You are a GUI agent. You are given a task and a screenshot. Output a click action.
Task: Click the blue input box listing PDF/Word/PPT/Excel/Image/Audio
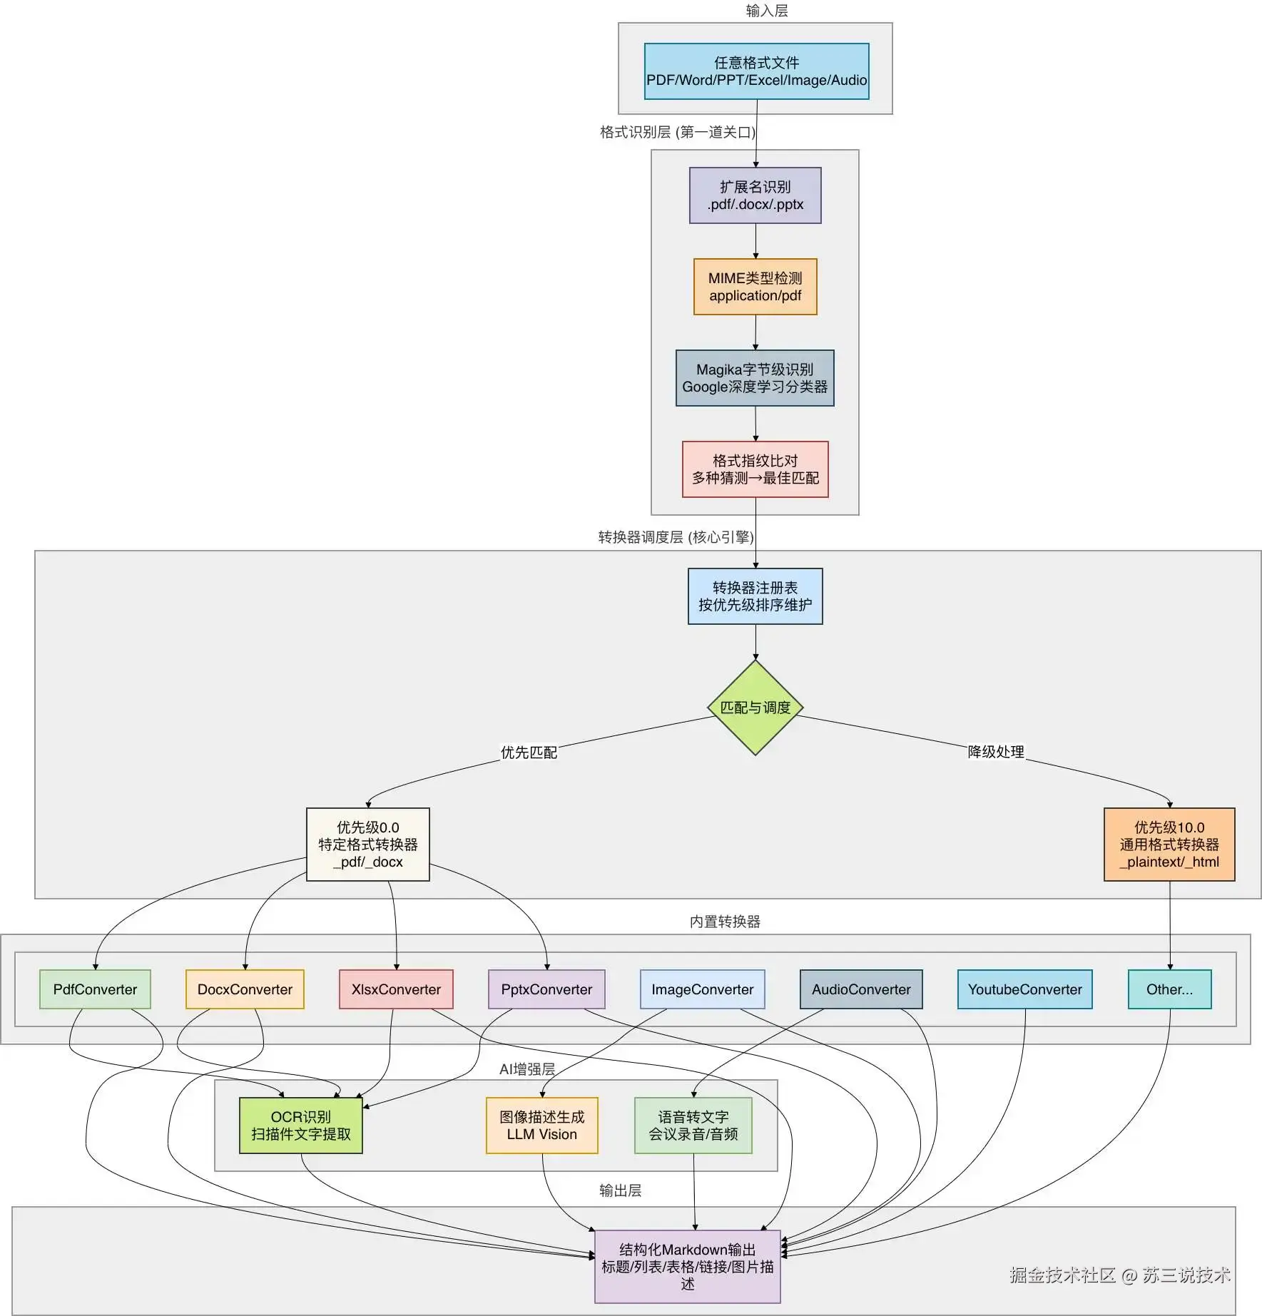pos(756,71)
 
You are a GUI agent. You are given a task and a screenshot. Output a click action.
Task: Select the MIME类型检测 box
pos(755,287)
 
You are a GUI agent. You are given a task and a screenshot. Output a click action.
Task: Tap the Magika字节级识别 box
pos(755,378)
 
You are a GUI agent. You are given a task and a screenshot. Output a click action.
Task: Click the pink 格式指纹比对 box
pos(755,469)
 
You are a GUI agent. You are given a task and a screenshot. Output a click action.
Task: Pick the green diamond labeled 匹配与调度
pos(755,708)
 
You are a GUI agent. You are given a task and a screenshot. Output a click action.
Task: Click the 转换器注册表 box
pos(755,596)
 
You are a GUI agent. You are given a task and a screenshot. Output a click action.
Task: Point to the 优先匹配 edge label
pos(529,753)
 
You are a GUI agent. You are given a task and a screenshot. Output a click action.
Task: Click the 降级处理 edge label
pos(996,752)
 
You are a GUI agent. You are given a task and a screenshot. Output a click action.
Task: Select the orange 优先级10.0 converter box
pos(1169,845)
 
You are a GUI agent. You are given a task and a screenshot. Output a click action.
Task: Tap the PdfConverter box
pos(95,989)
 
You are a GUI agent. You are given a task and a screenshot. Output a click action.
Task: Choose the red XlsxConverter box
pos(396,989)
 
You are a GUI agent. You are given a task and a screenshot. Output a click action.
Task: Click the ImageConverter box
pos(702,989)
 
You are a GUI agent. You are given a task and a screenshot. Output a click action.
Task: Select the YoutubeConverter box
pos(1024,989)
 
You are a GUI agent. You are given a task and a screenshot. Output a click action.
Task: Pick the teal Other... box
pos(1169,989)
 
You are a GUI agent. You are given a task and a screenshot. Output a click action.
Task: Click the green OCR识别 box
pos(300,1126)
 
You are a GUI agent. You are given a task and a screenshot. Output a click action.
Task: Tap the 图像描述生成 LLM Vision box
pos(541,1126)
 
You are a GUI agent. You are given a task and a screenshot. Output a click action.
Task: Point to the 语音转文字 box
pos(693,1126)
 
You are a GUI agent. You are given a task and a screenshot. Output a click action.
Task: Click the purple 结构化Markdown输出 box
pos(687,1267)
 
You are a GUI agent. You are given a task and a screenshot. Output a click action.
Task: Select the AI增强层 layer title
pos(527,1069)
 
